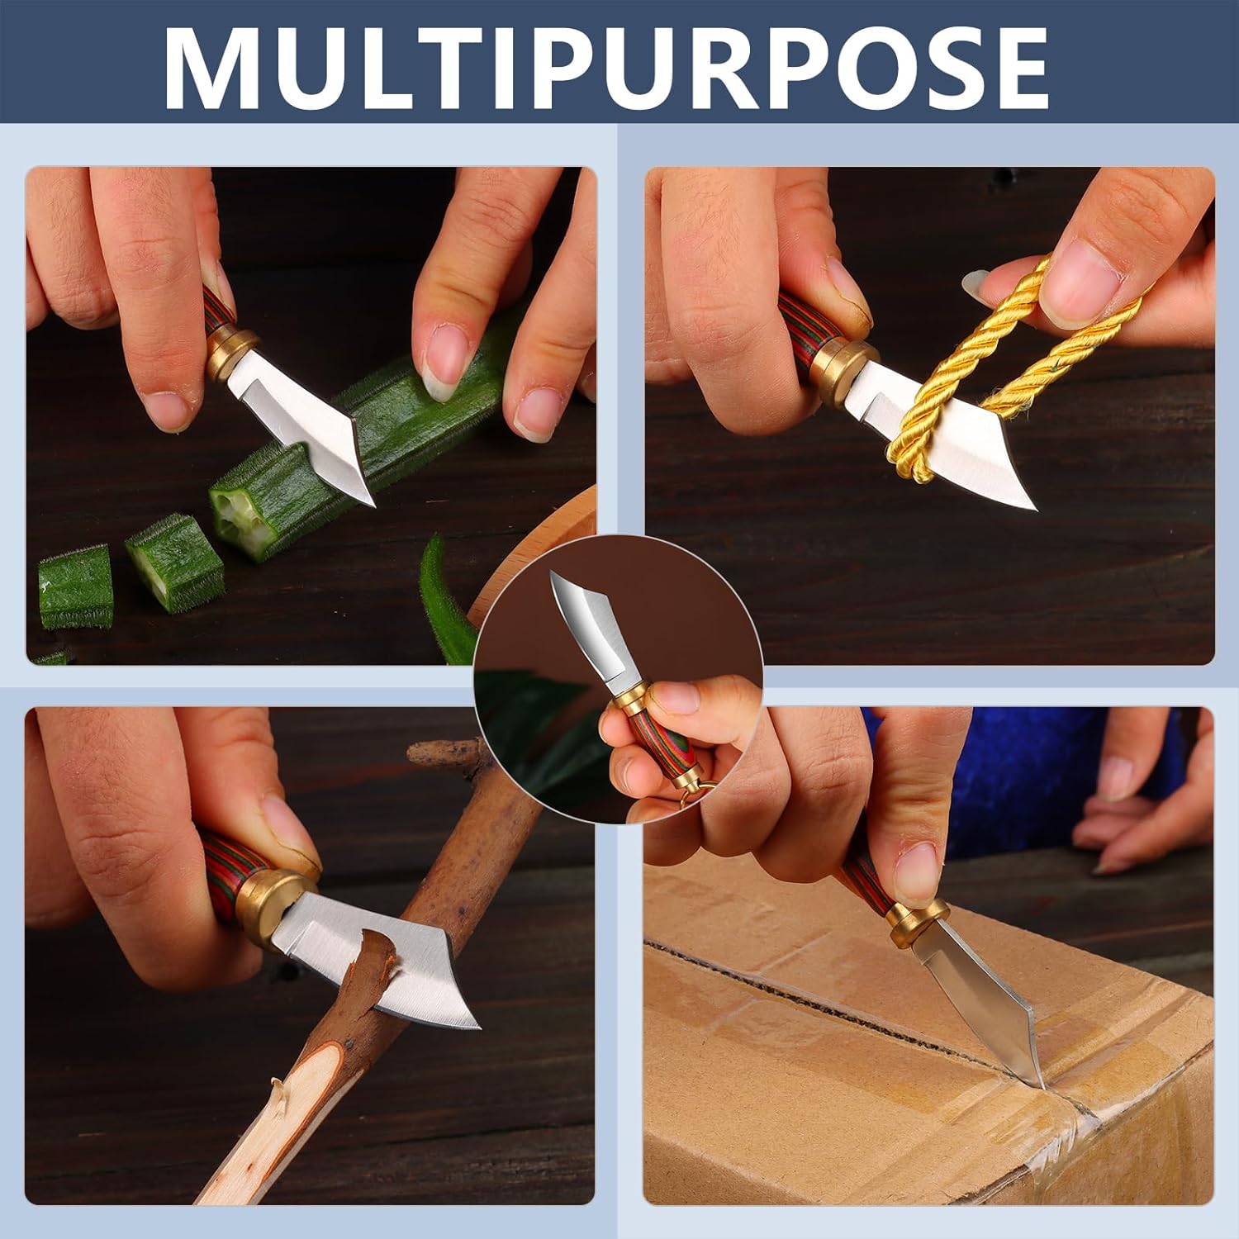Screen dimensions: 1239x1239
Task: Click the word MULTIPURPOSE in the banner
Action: [606, 69]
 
